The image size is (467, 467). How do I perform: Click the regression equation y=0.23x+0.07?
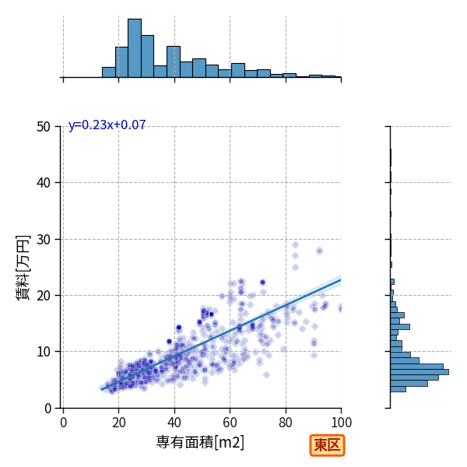point(107,125)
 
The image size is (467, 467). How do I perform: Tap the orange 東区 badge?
point(327,445)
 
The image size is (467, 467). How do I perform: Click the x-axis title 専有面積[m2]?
point(200,442)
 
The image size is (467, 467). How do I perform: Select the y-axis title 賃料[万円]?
point(23,268)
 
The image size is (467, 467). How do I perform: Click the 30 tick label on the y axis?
point(44,240)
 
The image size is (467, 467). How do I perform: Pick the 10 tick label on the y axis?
point(44,352)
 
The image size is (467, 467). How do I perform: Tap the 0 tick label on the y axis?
point(47,409)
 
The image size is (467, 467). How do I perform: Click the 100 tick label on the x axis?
point(342,423)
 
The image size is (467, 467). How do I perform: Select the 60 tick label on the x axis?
point(230,423)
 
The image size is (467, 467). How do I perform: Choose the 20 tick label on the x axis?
point(119,423)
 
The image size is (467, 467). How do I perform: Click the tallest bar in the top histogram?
point(135,48)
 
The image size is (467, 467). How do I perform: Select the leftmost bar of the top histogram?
point(109,72)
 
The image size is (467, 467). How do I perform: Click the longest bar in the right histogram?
point(420,372)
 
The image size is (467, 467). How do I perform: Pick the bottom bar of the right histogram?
point(399,389)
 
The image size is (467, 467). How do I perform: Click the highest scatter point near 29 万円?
point(295,245)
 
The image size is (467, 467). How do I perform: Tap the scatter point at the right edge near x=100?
point(340,309)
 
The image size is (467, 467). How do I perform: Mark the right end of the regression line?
point(341,279)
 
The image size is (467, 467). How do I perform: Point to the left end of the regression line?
point(101,390)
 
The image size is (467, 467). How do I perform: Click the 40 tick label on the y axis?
point(44,183)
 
